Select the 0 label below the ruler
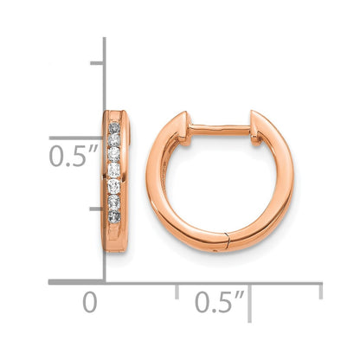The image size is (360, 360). pyautogui.click(x=88, y=303)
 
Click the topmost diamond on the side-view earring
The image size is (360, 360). pyautogui.click(x=114, y=127)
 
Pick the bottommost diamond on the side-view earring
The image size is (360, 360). pyautogui.click(x=114, y=212)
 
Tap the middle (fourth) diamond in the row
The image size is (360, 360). pyautogui.click(x=114, y=170)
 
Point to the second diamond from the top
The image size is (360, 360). pyautogui.click(x=114, y=141)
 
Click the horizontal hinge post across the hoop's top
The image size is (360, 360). pyautogui.click(x=220, y=128)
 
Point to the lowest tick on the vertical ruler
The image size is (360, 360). pyautogui.click(x=96, y=209)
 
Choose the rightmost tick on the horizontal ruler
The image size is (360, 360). pyautogui.click(x=320, y=291)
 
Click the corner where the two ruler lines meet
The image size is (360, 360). pyautogui.click(x=105, y=281)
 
